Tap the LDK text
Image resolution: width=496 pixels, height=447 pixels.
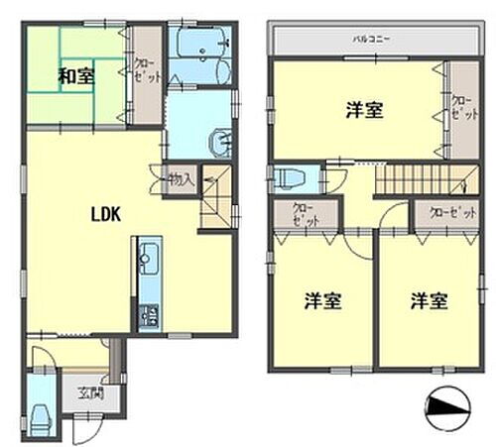click(106, 212)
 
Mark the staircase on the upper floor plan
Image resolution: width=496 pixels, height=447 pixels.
click(417, 180)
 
